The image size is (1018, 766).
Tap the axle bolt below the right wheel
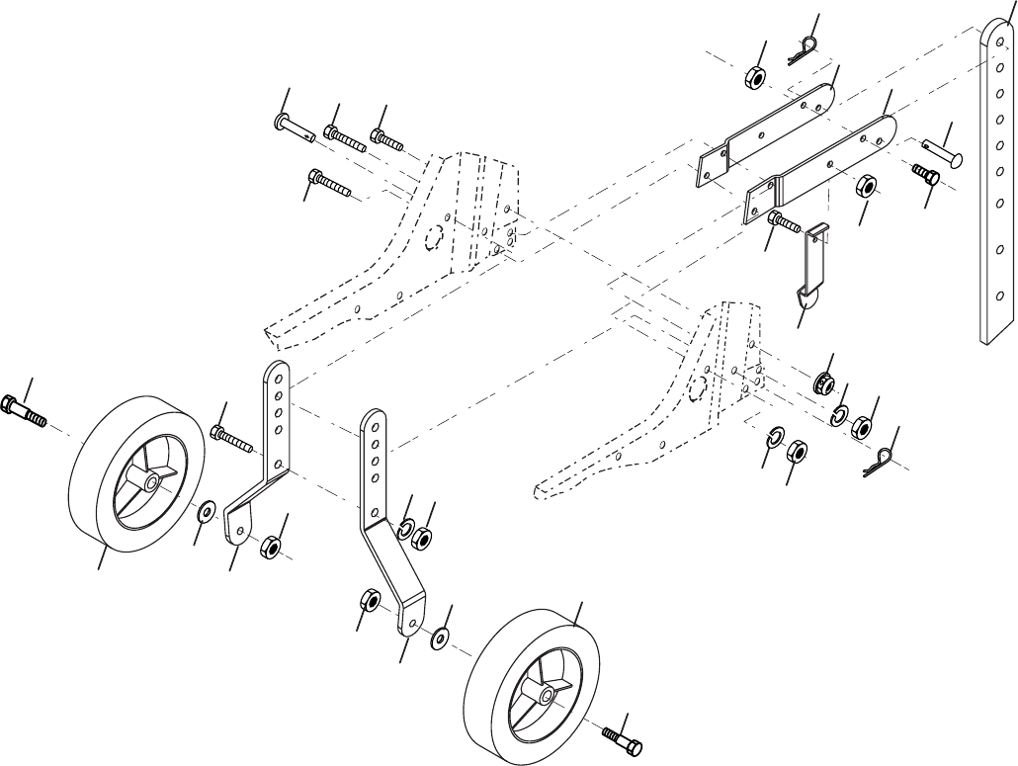coord(625,736)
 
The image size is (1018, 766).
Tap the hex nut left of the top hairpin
coord(752,77)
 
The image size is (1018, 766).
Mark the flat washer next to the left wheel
coord(206,512)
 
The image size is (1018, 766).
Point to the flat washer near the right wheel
coord(439,638)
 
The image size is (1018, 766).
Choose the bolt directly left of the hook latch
coord(783,221)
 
